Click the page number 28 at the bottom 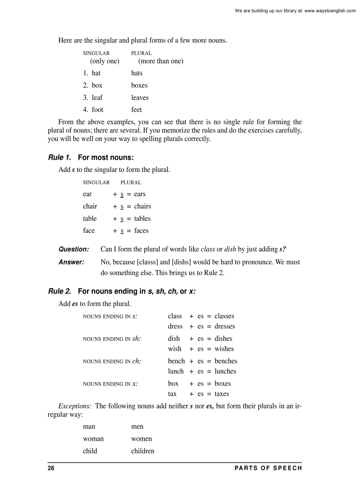pos(51,468)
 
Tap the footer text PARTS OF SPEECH pos(268,468)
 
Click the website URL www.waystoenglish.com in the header pos(330,11)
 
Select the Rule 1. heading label pos(59,157)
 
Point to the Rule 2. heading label pos(59,291)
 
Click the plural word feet pos(136,110)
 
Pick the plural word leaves pos(139,97)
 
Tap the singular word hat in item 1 pos(96,73)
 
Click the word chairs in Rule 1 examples pos(142,206)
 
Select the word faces pos(141,231)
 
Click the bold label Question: pos(74,249)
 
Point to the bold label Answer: pos(71,262)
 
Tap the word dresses pos(225,327)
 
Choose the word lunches pos(225,372)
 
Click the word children pos(142,451)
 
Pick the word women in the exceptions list pos(141,439)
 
